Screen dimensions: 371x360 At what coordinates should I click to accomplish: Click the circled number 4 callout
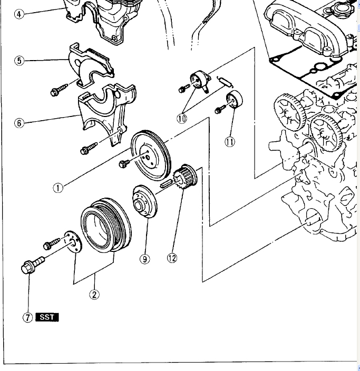20,14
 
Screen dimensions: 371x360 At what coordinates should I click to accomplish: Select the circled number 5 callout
20,61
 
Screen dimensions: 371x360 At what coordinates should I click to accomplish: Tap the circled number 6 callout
20,123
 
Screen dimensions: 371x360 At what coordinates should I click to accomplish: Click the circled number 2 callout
94,295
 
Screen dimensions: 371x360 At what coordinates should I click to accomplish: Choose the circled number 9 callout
145,258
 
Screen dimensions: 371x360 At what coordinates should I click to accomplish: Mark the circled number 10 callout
182,119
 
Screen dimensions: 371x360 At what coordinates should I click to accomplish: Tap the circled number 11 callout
230,141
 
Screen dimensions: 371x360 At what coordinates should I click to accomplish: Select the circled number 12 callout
172,258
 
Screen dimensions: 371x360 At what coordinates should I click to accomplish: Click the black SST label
47,317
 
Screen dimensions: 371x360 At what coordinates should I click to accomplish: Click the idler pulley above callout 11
233,101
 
